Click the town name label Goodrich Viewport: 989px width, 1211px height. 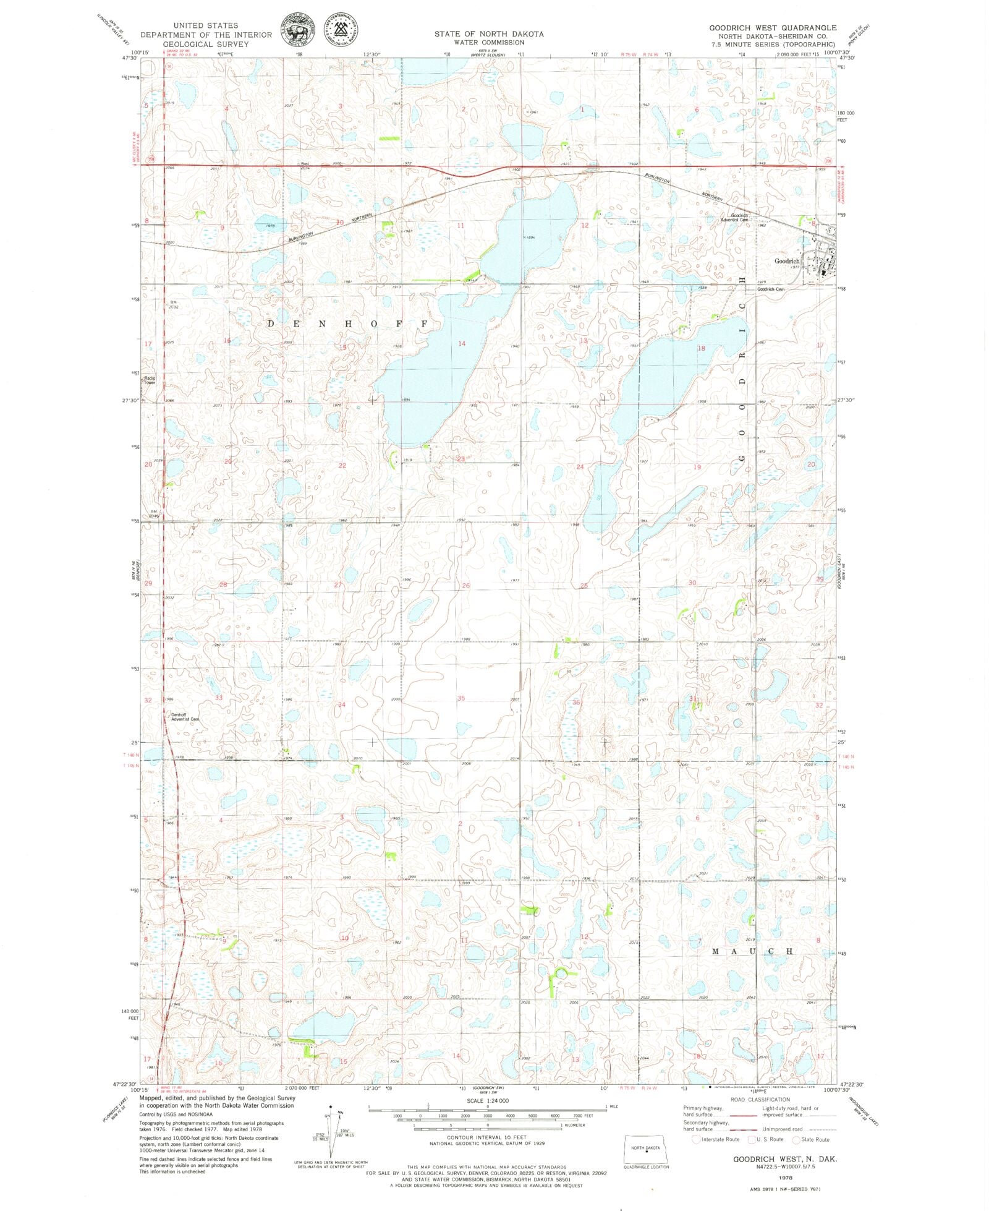pos(786,261)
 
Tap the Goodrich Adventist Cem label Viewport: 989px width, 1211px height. pos(734,217)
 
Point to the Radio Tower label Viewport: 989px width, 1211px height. pos(150,380)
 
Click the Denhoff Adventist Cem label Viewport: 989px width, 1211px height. pos(185,717)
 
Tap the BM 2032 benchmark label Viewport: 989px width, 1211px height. pos(174,304)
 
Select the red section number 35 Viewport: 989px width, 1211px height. pos(461,698)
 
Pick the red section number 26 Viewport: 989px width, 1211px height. pos(465,585)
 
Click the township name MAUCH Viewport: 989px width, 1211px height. pos(752,951)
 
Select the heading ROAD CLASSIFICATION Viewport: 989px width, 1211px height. pos(760,1099)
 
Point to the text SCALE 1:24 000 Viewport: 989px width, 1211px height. pos(488,1100)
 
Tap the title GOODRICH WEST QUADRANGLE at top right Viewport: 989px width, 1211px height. pos(773,28)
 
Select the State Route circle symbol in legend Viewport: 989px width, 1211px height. pos(796,1139)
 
